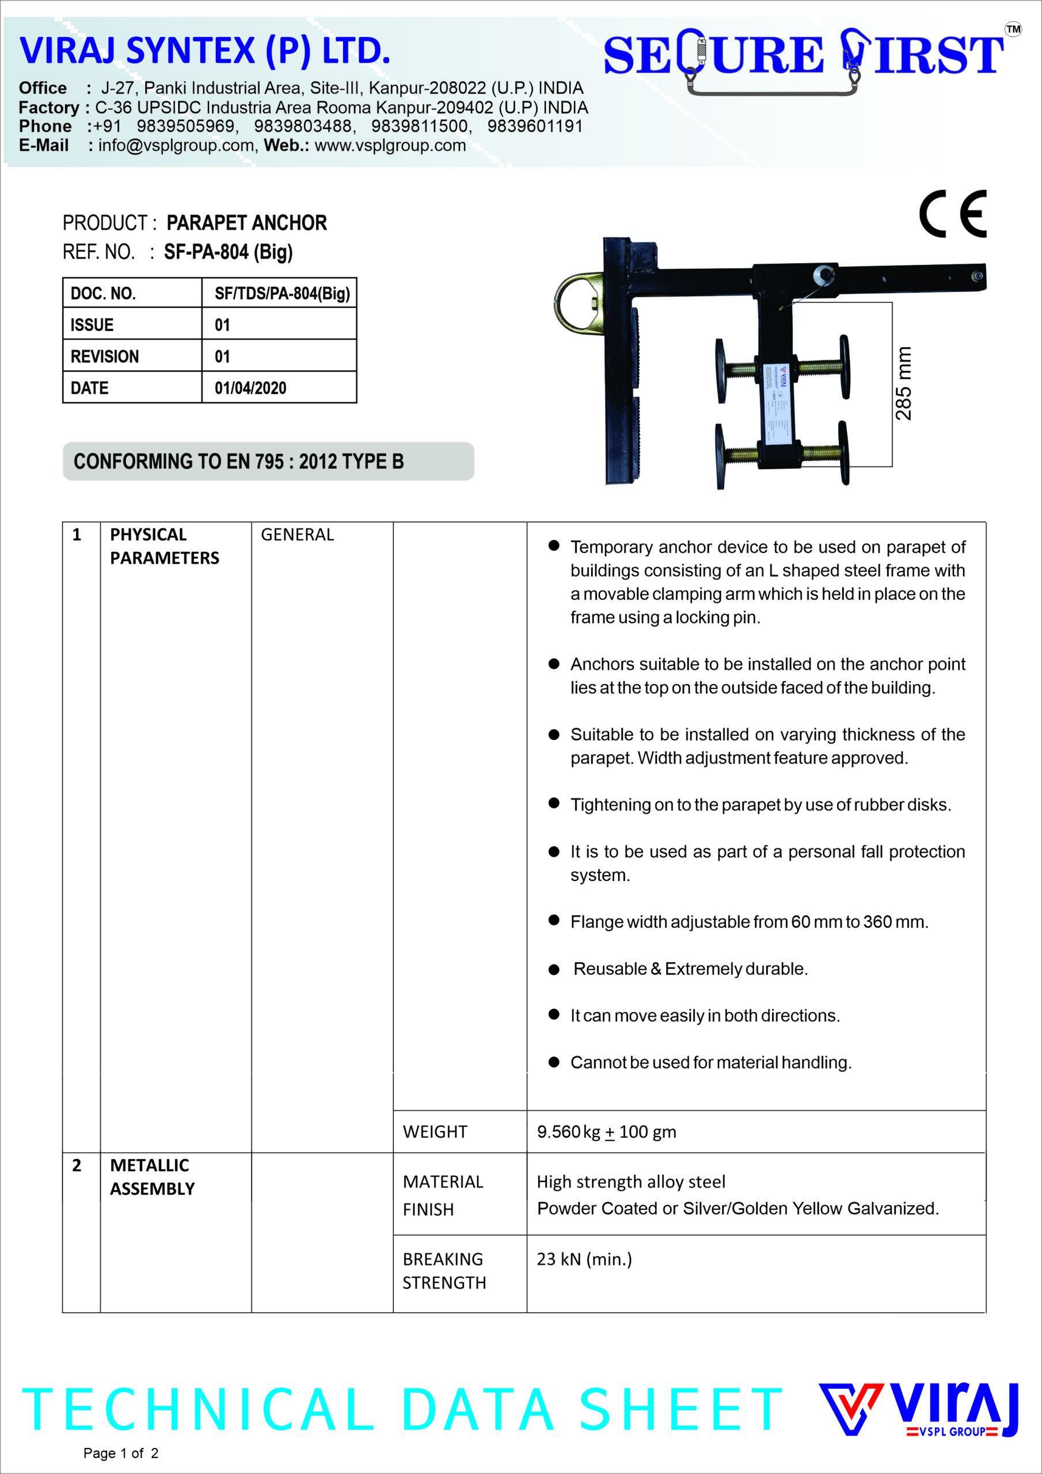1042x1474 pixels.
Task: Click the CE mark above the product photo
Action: (952, 214)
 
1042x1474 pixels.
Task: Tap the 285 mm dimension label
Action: (903, 383)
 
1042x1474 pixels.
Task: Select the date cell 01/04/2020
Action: (250, 388)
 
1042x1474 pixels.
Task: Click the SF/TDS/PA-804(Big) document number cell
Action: (282, 294)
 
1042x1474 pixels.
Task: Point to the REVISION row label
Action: (105, 356)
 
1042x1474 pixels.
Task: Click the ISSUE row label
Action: (92, 325)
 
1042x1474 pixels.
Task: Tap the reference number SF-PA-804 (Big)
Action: (228, 252)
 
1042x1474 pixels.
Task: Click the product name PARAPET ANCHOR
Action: (246, 223)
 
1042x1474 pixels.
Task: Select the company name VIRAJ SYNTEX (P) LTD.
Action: (205, 51)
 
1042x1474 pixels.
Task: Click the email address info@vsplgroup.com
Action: (176, 146)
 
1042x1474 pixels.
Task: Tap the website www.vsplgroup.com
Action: (390, 146)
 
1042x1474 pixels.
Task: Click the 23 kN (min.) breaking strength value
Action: (584, 1259)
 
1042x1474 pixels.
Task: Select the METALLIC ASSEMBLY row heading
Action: (152, 1177)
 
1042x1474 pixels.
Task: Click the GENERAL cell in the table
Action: (297, 535)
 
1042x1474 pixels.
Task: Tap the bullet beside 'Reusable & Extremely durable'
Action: (554, 970)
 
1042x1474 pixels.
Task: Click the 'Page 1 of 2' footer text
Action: (121, 1453)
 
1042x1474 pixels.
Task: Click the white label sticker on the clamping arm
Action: (775, 402)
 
